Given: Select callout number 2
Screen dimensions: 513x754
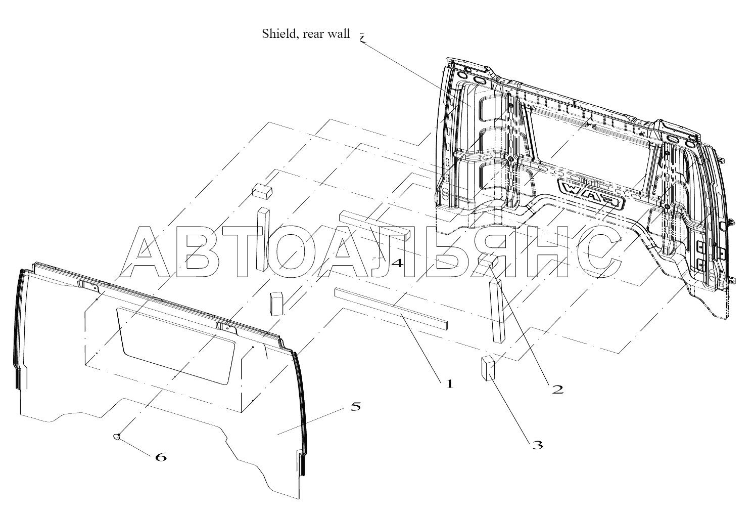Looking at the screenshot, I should [557, 389].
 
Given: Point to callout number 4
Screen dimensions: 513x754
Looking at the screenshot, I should [397, 263].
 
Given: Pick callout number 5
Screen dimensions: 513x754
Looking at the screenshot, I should [356, 406].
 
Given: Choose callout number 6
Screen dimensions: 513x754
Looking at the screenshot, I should [160, 457].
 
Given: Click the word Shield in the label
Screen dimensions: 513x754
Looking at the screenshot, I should [277, 34].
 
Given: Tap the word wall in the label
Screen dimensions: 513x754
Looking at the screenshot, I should [339, 34].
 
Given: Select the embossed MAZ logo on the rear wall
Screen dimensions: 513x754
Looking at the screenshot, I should [591, 194].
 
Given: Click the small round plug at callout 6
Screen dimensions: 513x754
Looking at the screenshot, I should [117, 437].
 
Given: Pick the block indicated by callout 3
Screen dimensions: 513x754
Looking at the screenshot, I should [486, 368].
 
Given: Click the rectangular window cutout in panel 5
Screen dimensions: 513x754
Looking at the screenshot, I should [177, 346].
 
